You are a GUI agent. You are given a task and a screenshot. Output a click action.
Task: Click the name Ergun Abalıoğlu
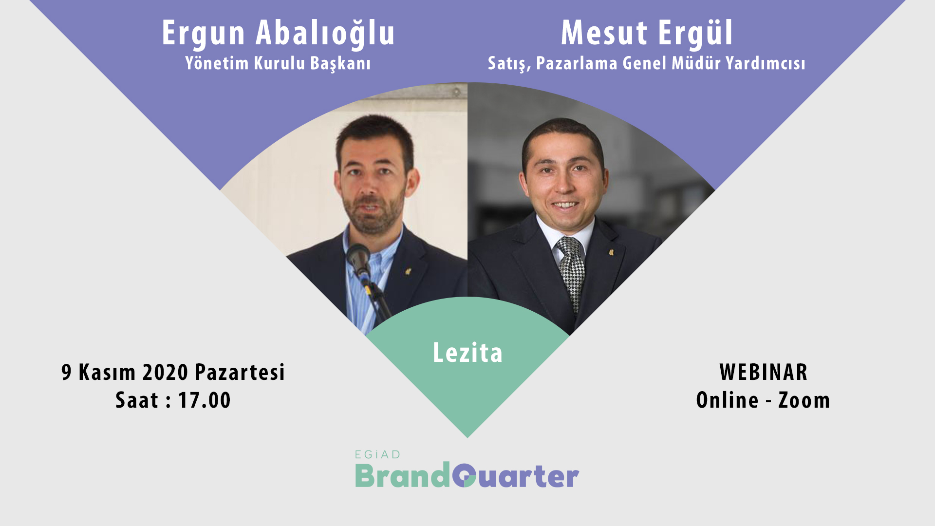click(278, 34)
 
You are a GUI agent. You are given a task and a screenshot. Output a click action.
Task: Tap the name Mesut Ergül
click(647, 33)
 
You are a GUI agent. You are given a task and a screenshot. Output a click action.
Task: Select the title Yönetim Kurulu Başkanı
click(278, 64)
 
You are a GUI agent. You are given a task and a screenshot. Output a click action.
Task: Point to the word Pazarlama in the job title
click(577, 63)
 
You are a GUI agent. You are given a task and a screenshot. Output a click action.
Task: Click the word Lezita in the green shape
click(467, 353)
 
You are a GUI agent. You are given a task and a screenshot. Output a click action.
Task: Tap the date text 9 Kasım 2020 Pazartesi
click(173, 373)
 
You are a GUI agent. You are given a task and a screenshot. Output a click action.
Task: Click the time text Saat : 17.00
click(173, 400)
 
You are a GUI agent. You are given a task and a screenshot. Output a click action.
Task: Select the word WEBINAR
click(763, 373)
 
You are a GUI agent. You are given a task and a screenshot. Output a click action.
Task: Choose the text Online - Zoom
click(763, 400)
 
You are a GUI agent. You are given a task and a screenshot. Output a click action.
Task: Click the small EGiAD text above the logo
click(377, 455)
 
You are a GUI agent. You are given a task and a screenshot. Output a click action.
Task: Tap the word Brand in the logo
click(402, 476)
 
